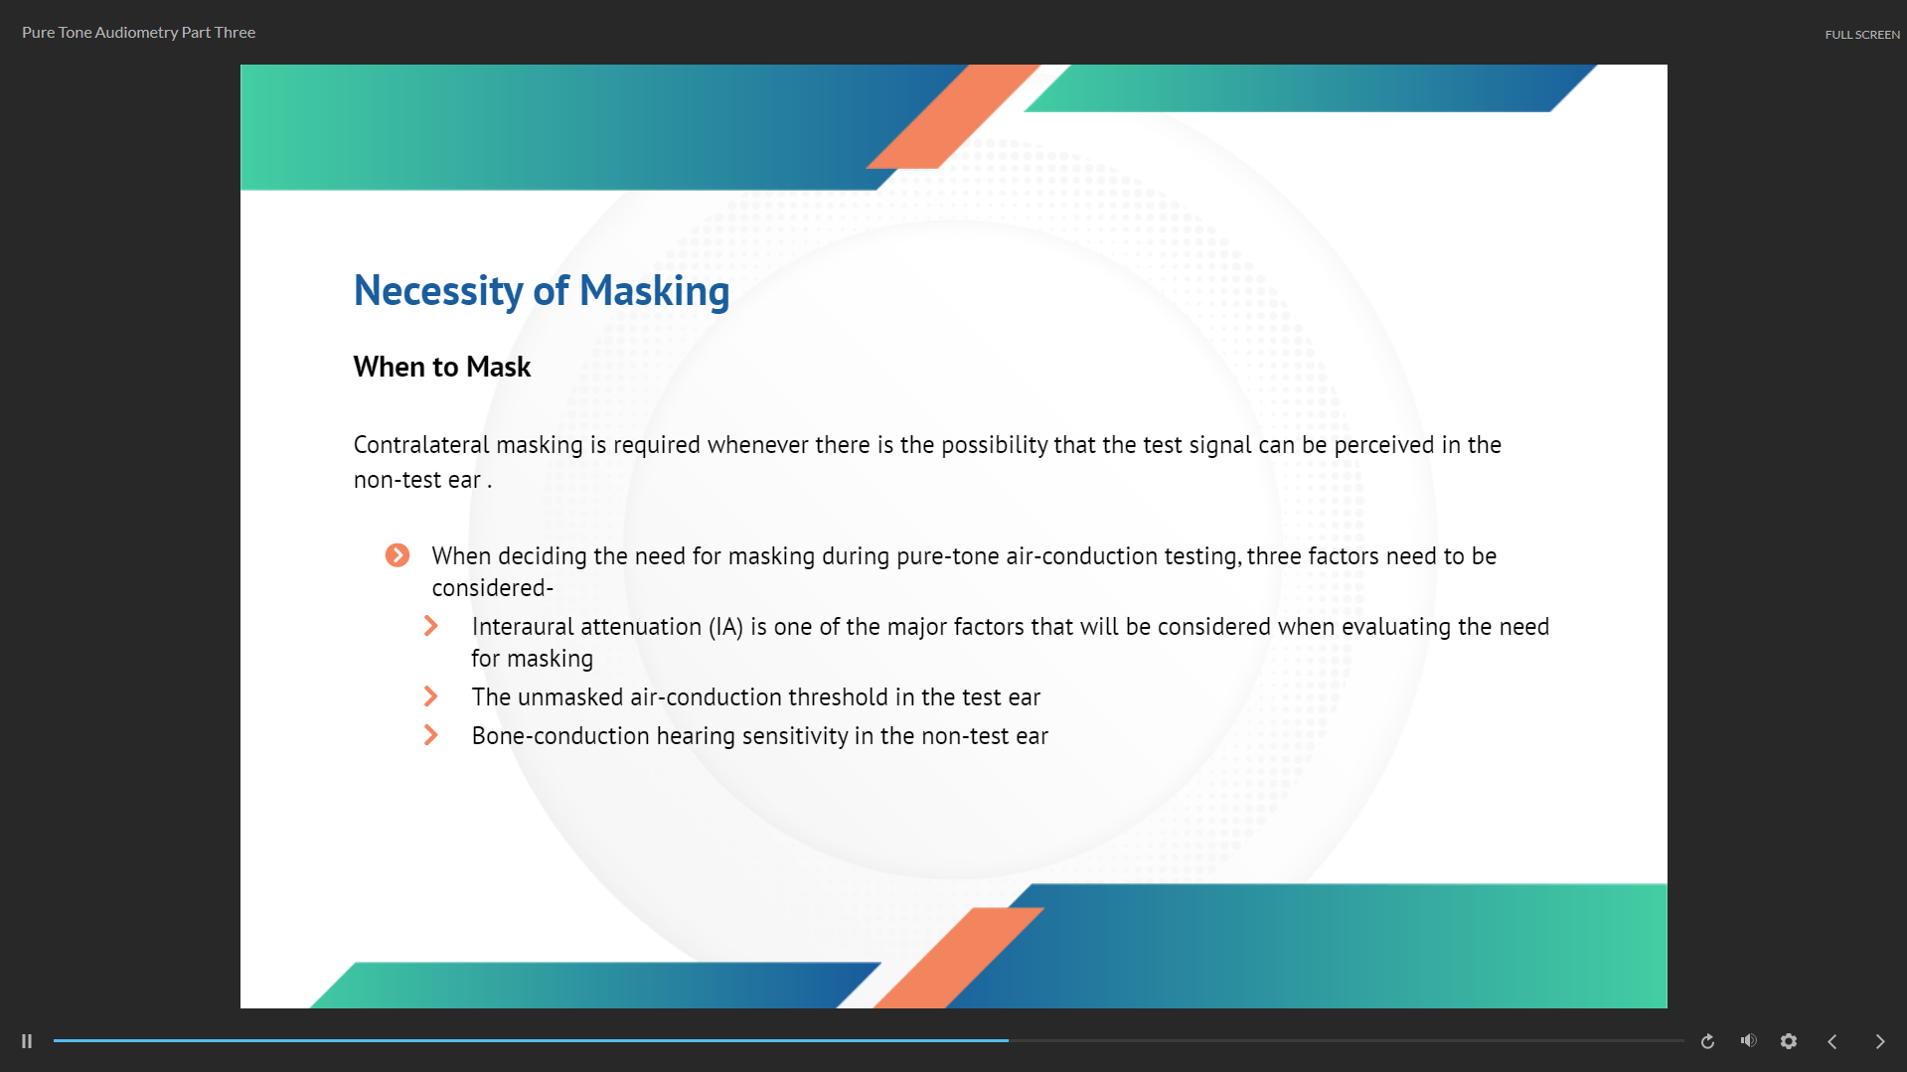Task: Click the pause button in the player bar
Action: point(27,1041)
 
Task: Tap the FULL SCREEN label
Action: point(1862,35)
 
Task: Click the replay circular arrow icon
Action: point(1707,1041)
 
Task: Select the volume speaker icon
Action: point(1749,1040)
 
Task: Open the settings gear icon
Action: point(1789,1041)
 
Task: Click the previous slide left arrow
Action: point(1832,1041)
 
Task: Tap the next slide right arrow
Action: point(1880,1041)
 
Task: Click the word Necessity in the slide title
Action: point(438,292)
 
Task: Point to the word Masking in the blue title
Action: point(654,292)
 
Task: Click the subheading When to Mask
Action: point(442,367)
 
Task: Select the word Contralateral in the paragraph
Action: point(421,444)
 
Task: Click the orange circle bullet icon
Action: point(397,555)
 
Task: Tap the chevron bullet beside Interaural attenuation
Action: point(430,626)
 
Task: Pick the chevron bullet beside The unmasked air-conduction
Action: point(430,696)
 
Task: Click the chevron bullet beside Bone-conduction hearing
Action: point(430,735)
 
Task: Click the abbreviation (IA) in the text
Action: point(725,627)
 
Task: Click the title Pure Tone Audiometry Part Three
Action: point(139,33)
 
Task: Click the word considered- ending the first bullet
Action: point(493,588)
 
